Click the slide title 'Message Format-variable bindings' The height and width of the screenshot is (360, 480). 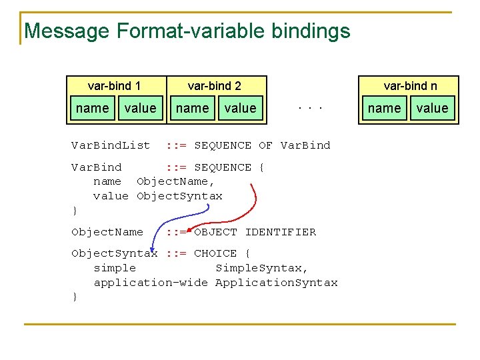coord(187,31)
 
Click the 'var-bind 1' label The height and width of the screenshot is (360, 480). coord(114,86)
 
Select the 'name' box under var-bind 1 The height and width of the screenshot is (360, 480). coord(93,108)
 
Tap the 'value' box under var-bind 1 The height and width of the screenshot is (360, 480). coord(140,108)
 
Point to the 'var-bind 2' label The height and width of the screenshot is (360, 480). coord(215,86)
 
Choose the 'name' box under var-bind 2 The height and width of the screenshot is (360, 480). coord(192,108)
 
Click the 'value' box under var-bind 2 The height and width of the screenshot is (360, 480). coord(240,108)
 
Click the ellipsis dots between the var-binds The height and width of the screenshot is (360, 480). coord(311,107)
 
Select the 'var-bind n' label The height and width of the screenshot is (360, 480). coord(410,86)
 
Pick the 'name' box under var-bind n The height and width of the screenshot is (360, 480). coord(385,108)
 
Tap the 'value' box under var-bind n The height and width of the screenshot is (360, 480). coord(432,108)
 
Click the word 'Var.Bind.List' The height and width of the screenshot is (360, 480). coord(111,145)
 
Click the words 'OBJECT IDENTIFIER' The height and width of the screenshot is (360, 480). coord(255,232)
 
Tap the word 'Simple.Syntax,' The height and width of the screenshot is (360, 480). coord(262,268)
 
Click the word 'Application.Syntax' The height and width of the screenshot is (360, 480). coord(276,283)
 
